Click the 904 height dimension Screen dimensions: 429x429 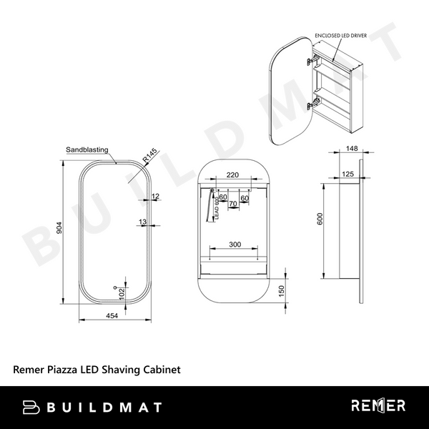click(60, 228)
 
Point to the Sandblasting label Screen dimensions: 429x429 click(87, 150)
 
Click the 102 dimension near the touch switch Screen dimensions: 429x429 click(122, 293)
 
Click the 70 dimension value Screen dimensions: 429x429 click(232, 204)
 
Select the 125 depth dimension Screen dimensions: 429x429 click(348, 174)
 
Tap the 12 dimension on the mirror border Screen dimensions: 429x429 click(155, 196)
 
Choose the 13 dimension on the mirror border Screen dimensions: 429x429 click(143, 222)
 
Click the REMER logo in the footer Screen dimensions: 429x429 click(378, 406)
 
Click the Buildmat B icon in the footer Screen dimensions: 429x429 click(31, 407)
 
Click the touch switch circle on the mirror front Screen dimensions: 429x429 click(114, 289)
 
